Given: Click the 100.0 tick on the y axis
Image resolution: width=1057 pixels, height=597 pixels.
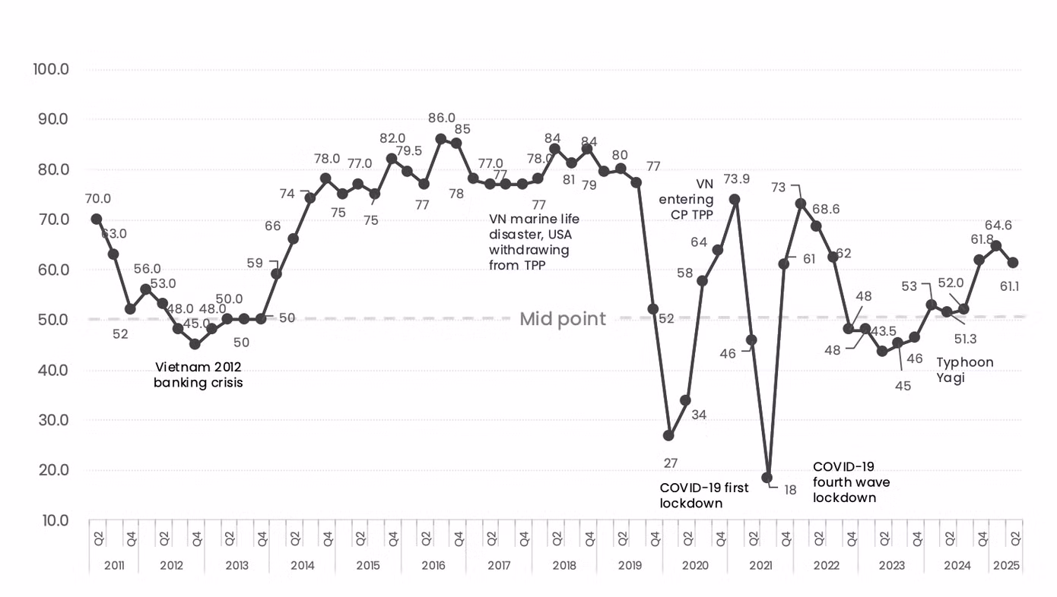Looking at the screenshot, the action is (51, 69).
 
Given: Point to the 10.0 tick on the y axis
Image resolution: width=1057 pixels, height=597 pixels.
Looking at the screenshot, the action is (56, 520).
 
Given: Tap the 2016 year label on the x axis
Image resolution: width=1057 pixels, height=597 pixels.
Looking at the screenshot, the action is (433, 565).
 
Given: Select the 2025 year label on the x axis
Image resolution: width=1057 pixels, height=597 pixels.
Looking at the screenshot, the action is (1006, 565).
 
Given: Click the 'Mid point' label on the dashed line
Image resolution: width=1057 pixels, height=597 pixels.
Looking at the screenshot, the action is (563, 319).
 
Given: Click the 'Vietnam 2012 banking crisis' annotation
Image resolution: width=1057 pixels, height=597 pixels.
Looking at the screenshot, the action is (198, 374).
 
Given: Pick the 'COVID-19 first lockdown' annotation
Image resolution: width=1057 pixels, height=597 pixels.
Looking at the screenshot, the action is (703, 495).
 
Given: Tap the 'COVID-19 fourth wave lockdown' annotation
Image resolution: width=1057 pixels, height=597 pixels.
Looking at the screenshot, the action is (851, 482).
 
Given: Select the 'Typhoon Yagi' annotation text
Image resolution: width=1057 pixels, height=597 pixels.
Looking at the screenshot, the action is (964, 370).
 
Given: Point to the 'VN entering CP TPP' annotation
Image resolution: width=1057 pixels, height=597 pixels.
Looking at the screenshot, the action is (686, 199).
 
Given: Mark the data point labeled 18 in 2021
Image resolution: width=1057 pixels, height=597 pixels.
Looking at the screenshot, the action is (767, 477).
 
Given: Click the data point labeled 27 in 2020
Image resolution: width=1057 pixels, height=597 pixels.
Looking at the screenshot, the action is (668, 435).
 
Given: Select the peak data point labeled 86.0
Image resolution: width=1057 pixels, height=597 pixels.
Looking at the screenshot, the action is (441, 139).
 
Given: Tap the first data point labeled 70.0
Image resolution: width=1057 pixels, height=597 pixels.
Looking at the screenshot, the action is (97, 219).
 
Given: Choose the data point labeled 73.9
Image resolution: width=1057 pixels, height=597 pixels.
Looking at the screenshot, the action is (735, 199).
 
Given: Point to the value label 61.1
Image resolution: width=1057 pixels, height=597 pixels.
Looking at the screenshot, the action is (1009, 286).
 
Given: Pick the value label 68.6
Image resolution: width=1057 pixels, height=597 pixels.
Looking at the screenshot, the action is (826, 209).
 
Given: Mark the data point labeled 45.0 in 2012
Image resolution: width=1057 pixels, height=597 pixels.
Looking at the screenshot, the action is (195, 344).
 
